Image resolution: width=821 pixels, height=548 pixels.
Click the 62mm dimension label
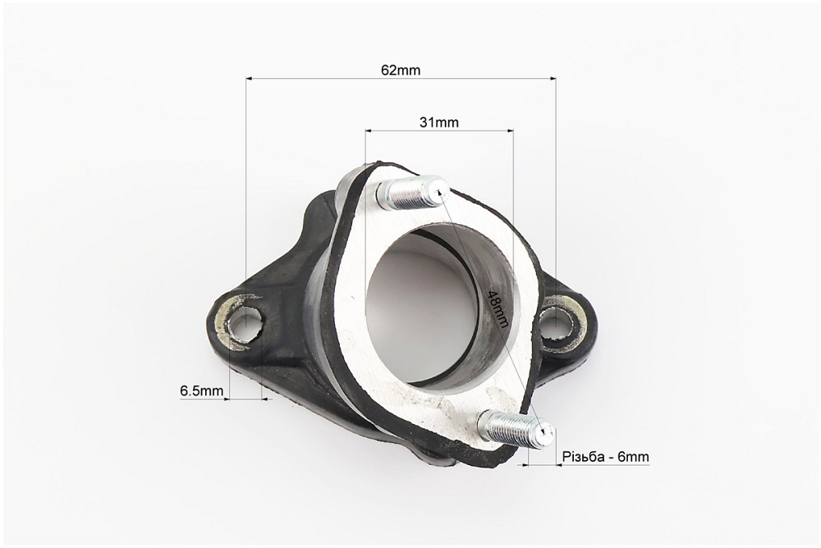401,70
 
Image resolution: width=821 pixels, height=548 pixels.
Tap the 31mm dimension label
438,122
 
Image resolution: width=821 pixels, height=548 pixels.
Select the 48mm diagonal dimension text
497,308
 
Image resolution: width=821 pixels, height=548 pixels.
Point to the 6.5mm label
202,390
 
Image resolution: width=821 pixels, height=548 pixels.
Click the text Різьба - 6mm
606,456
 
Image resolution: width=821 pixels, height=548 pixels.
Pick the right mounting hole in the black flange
557,320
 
